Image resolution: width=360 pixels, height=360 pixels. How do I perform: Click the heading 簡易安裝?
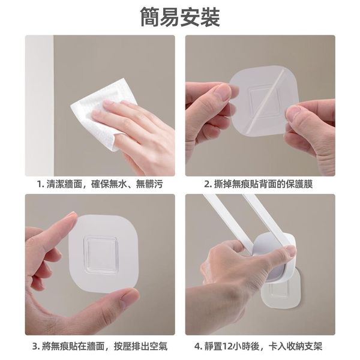click(x=180, y=17)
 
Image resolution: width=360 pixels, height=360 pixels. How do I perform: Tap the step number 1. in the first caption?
click(x=41, y=184)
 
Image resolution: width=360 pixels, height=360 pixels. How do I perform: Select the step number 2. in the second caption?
click(x=208, y=184)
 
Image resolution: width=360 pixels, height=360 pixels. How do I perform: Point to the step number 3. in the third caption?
click(x=37, y=346)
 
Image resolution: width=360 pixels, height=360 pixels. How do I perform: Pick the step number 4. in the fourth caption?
click(x=198, y=346)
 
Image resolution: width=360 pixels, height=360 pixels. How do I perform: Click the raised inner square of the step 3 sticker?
click(x=101, y=254)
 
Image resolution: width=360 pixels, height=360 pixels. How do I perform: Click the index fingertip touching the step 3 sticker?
click(x=71, y=217)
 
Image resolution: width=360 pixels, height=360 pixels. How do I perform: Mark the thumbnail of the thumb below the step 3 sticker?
click(x=130, y=296)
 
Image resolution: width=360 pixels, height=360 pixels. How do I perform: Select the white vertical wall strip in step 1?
click(x=40, y=106)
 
